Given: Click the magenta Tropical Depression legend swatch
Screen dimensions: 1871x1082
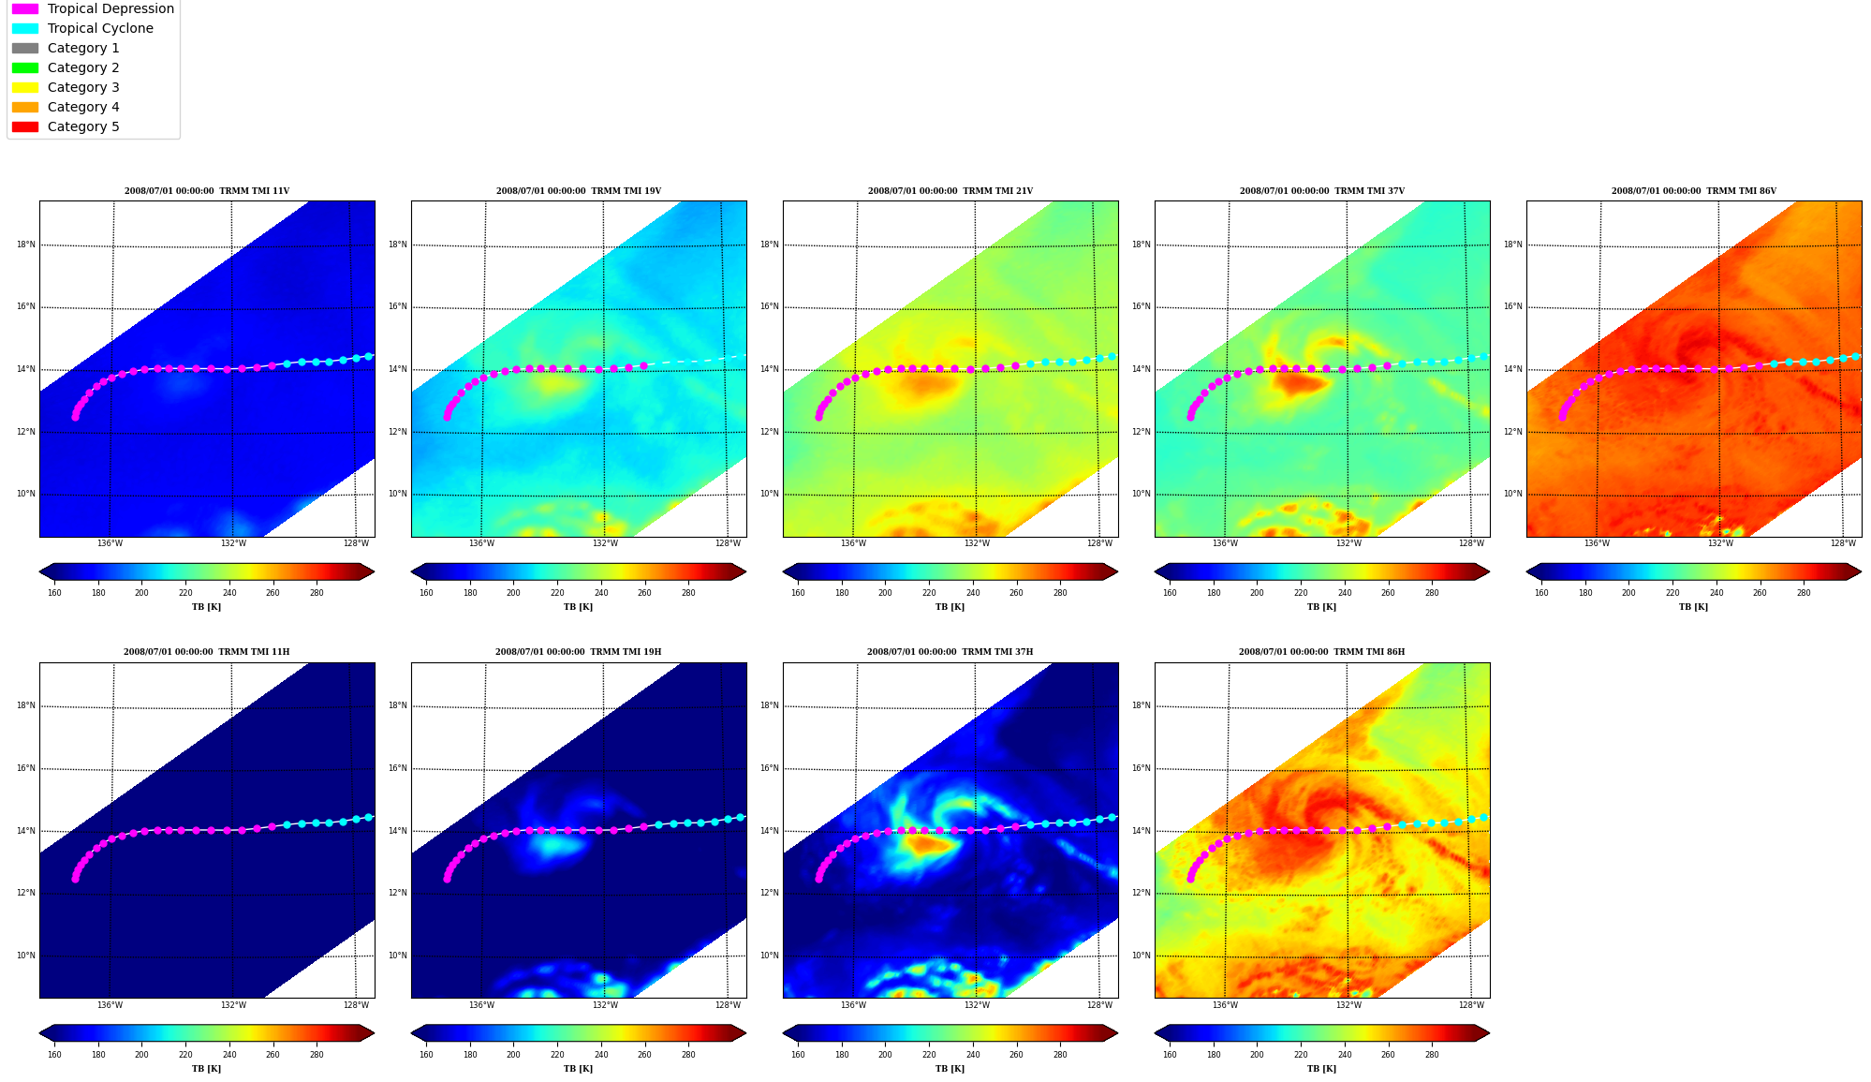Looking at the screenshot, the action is pos(25,8).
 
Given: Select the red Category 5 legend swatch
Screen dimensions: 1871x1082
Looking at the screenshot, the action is pos(25,126).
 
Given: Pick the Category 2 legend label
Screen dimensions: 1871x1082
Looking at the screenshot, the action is pos(83,67).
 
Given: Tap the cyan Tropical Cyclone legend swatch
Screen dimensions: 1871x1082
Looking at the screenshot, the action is pos(25,28).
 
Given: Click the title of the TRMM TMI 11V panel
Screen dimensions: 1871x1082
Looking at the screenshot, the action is pos(207,191).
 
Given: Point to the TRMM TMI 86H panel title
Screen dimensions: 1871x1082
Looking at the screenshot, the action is pos(1321,652).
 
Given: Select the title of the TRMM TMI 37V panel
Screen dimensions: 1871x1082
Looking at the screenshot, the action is pos(1322,191).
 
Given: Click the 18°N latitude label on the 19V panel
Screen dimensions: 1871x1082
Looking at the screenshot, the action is pos(398,245).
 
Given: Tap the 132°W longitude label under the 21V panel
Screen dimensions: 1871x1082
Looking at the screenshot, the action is pos(977,543).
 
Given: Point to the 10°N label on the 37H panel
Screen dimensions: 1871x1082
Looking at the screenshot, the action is pos(769,956).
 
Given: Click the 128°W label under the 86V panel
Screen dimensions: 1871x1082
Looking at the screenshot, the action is pos(1843,543).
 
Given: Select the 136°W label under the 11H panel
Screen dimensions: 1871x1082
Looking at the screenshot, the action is pos(110,1005).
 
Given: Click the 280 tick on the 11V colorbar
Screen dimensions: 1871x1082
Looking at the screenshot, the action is pos(317,592).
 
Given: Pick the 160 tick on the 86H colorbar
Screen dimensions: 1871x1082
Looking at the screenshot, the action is pos(1170,1054).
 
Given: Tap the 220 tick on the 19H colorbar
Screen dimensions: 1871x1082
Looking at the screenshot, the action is pos(557,1054).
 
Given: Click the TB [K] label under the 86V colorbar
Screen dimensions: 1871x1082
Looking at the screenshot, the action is pos(1693,607).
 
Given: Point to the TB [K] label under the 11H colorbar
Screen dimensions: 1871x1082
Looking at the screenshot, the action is pos(207,1069).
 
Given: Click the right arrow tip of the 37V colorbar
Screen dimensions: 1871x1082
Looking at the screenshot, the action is pos(1490,571).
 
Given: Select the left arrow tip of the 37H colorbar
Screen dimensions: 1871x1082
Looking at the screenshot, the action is pos(783,1033).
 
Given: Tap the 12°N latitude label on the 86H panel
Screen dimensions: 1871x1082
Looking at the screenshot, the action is pos(1141,893).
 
